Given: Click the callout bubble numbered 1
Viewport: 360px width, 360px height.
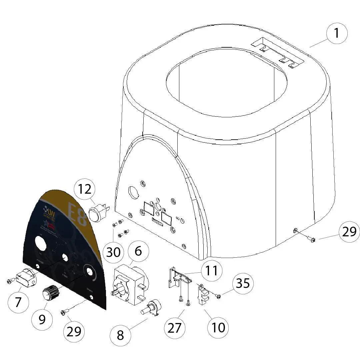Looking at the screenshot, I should pyautogui.click(x=337, y=34).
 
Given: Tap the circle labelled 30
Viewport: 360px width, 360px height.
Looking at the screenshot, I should pyautogui.click(x=113, y=252).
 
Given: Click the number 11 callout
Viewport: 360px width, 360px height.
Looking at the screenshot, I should pyautogui.click(x=211, y=271).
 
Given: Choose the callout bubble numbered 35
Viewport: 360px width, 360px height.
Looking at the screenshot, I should pyautogui.click(x=243, y=283).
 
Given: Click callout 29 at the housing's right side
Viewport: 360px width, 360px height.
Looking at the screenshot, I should pyautogui.click(x=349, y=231).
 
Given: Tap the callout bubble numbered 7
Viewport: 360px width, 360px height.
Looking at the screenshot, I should pyautogui.click(x=18, y=302).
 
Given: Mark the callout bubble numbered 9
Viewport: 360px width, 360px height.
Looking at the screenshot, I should pyautogui.click(x=42, y=319).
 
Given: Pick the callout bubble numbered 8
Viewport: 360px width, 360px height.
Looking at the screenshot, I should pyautogui.click(x=120, y=335).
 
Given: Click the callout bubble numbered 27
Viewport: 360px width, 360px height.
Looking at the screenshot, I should pyautogui.click(x=175, y=328).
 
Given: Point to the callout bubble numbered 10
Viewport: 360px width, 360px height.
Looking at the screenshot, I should pyautogui.click(x=218, y=327).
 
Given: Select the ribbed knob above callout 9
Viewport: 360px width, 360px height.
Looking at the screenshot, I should pyautogui.click(x=51, y=293).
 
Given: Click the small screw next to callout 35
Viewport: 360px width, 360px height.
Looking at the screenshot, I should pyautogui.click(x=218, y=296).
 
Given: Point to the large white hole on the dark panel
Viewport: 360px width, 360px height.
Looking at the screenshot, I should pyautogui.click(x=41, y=244).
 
